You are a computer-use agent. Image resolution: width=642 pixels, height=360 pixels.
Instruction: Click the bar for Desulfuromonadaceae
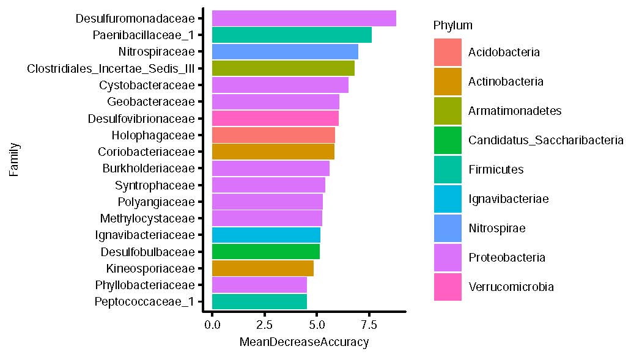[304, 18]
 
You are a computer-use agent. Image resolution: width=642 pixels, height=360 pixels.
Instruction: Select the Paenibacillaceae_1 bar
[292, 35]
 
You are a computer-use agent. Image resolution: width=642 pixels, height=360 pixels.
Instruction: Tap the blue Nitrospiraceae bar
[285, 51]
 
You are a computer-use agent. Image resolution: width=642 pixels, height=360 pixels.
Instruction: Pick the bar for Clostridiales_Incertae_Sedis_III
[283, 68]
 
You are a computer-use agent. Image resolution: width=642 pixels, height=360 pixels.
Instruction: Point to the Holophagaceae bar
[273, 134]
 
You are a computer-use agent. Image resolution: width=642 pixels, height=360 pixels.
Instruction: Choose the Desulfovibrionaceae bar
[275, 118]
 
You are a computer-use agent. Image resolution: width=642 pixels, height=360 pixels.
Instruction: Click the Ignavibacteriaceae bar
[266, 235]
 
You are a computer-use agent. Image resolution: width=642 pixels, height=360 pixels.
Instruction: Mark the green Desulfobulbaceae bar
[265, 251]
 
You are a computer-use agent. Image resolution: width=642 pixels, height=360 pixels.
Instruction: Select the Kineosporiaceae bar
[262, 268]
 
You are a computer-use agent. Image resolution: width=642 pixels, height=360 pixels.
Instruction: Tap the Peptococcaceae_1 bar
[259, 301]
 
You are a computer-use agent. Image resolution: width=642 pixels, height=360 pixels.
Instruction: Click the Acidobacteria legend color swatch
[448, 53]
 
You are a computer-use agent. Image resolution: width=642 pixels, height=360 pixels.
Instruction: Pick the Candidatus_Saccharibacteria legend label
[545, 141]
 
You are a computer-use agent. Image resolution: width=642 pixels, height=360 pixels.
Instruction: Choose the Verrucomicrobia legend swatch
[448, 287]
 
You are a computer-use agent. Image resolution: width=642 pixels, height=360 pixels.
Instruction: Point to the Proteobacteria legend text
[506, 258]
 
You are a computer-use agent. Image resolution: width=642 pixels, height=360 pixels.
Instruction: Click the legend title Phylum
[452, 26]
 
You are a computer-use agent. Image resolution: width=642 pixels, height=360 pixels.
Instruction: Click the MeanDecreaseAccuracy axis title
[304, 342]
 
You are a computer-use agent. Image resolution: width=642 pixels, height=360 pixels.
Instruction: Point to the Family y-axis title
[14, 160]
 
